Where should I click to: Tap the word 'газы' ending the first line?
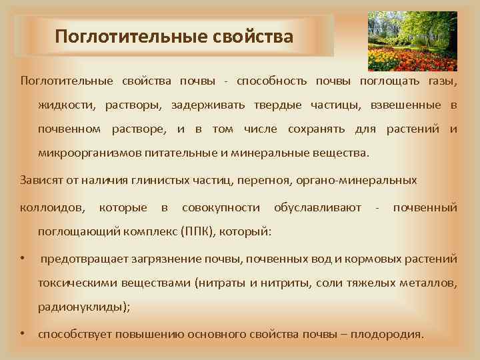tap(443, 81)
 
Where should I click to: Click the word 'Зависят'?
tap(43, 180)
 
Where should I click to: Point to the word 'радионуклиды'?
tap(83, 307)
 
